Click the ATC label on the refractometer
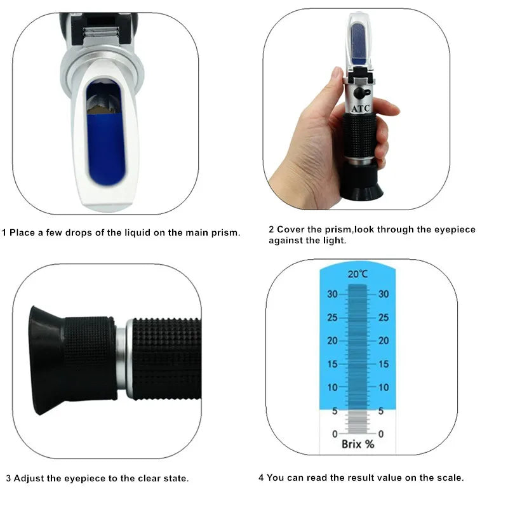[x=360, y=109]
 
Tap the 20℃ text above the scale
[x=358, y=274]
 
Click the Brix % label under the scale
[x=358, y=444]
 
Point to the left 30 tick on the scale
[x=333, y=294]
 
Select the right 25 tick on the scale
[x=383, y=317]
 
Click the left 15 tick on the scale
[x=333, y=364]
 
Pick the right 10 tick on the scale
[x=383, y=387]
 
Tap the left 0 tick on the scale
[x=335, y=434]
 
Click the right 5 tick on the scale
[x=382, y=411]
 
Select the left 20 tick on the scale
[x=333, y=340]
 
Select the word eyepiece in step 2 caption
[x=451, y=229]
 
